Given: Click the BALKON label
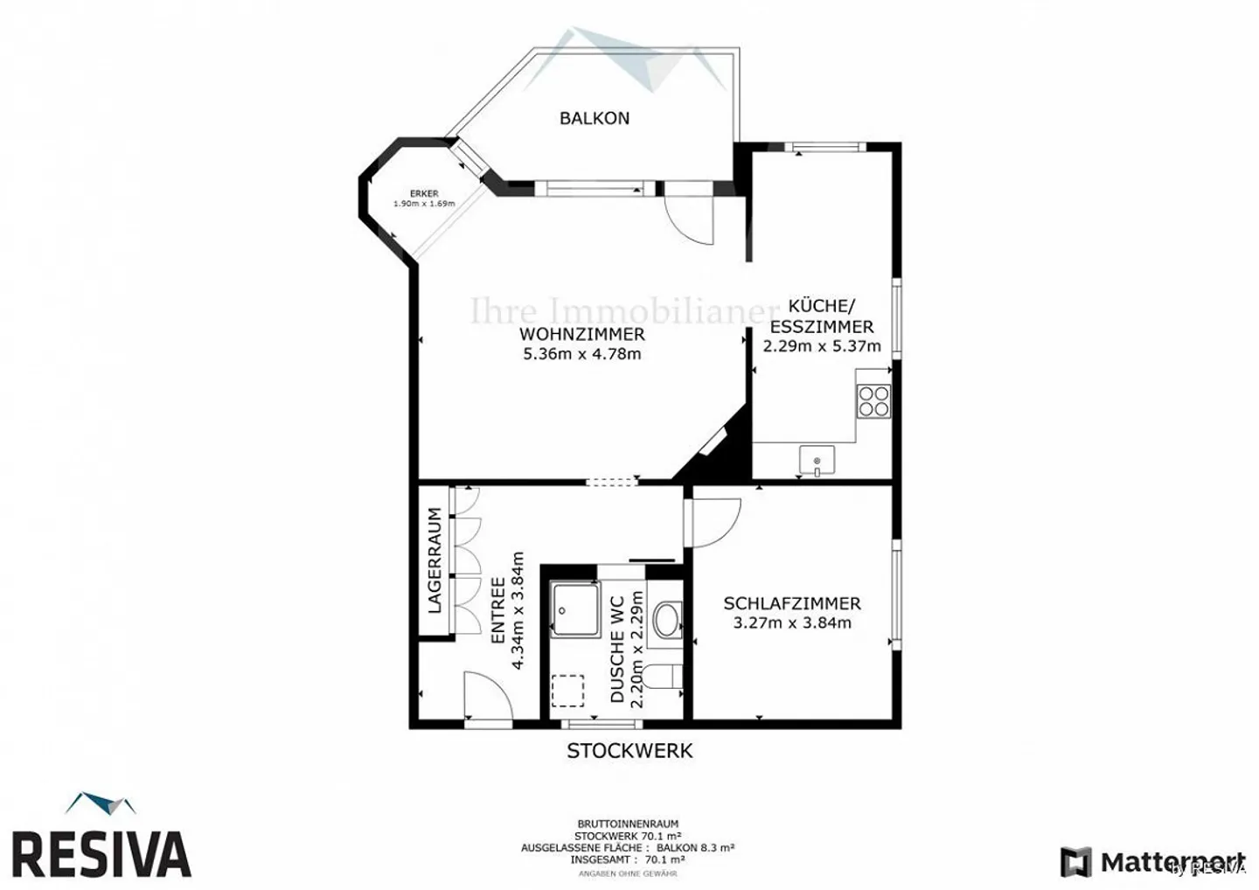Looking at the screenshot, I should click(x=595, y=118).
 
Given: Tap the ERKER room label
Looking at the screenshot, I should click(x=424, y=194).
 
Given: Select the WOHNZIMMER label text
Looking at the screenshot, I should click(x=581, y=334).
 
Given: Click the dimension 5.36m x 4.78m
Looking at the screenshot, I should click(x=581, y=354).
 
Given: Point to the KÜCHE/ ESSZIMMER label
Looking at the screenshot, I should click(x=821, y=316).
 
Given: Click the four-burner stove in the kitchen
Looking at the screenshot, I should click(x=873, y=401).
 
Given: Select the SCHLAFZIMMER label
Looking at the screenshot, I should click(x=791, y=603).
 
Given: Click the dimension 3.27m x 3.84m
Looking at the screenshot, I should click(x=791, y=623).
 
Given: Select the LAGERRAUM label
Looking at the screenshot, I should click(x=435, y=560).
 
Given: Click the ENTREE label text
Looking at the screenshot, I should click(x=497, y=610).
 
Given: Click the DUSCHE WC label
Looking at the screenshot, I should click(x=617, y=650).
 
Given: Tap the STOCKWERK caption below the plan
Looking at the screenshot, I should click(x=629, y=750).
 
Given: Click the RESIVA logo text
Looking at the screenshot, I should click(x=101, y=854).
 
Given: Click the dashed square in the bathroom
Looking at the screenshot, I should click(x=568, y=690).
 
